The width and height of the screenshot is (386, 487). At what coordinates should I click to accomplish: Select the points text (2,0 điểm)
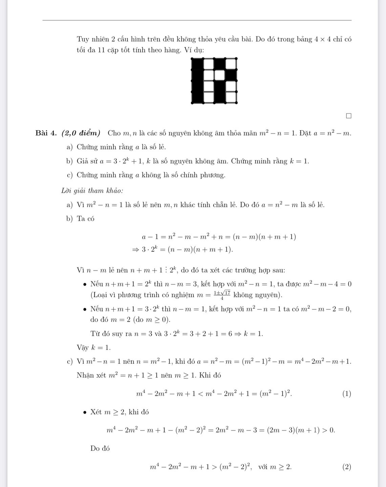81,133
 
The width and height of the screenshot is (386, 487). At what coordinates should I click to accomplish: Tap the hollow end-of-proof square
348,116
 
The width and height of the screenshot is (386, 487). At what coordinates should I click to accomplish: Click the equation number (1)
346,394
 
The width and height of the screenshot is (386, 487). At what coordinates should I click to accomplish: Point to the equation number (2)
346,467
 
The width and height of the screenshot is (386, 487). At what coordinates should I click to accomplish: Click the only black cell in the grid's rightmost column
231,75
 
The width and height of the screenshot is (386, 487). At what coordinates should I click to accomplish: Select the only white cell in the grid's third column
220,75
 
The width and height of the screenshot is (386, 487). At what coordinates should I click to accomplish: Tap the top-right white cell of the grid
231,64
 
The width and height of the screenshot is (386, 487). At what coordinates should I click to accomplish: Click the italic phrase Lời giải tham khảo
92,190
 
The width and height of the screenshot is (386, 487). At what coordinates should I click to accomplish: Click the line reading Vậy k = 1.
93,348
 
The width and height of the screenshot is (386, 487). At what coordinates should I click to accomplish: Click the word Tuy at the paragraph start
83,39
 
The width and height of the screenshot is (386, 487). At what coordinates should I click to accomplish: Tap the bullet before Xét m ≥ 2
85,412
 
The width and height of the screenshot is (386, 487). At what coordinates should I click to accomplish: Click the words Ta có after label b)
86,219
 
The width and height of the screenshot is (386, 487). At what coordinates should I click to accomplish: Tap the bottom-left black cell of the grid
197,97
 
